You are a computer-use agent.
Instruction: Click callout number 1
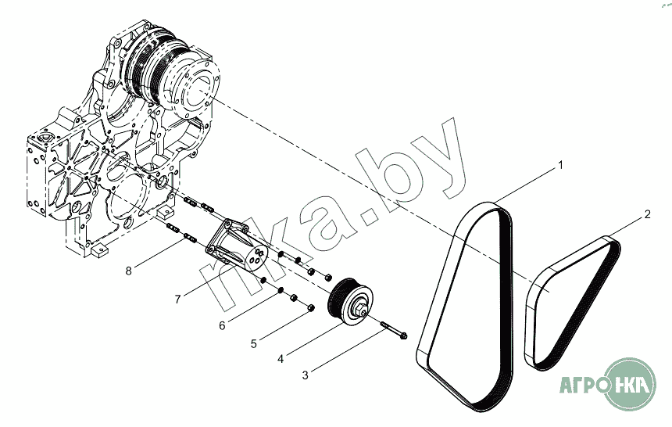(x=560, y=165)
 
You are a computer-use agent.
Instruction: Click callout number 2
(x=648, y=214)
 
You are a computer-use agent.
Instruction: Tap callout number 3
(x=306, y=375)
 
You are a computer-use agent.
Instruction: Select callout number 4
(x=281, y=359)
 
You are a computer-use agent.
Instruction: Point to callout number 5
(x=254, y=344)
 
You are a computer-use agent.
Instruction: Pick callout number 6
(x=222, y=325)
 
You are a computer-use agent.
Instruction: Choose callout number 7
(x=178, y=299)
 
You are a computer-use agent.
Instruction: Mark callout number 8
(x=129, y=271)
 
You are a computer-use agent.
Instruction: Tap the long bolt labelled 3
(x=393, y=329)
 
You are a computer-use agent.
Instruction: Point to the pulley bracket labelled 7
(x=237, y=246)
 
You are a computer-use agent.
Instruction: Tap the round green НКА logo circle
(x=629, y=384)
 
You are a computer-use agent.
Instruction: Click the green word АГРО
(x=581, y=385)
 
